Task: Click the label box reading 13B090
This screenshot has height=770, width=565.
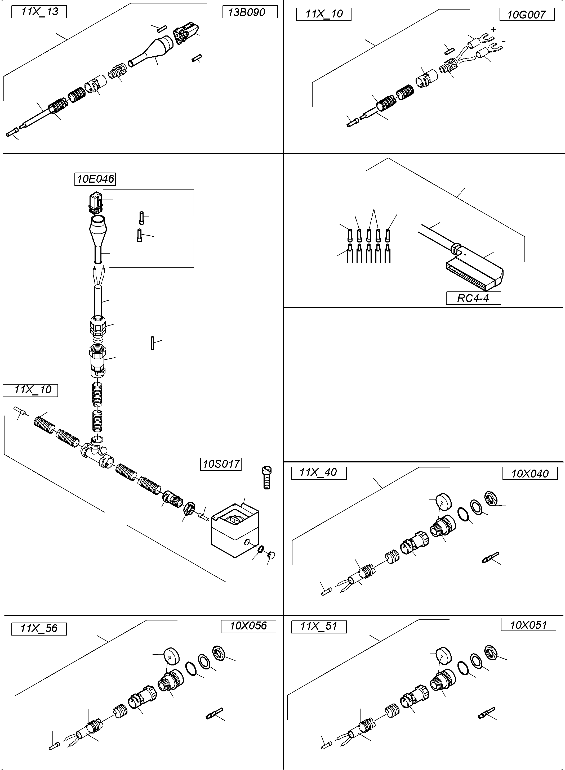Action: (x=250, y=12)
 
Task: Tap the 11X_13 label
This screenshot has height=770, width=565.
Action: (x=39, y=12)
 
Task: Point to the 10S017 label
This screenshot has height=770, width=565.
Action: (x=221, y=464)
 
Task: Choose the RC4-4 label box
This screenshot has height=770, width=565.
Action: (x=473, y=298)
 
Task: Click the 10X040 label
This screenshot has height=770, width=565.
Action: (x=530, y=473)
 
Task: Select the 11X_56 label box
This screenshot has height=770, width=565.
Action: (x=39, y=628)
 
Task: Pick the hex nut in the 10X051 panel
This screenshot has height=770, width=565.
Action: (x=491, y=652)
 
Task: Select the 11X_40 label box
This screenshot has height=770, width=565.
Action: (x=319, y=473)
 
